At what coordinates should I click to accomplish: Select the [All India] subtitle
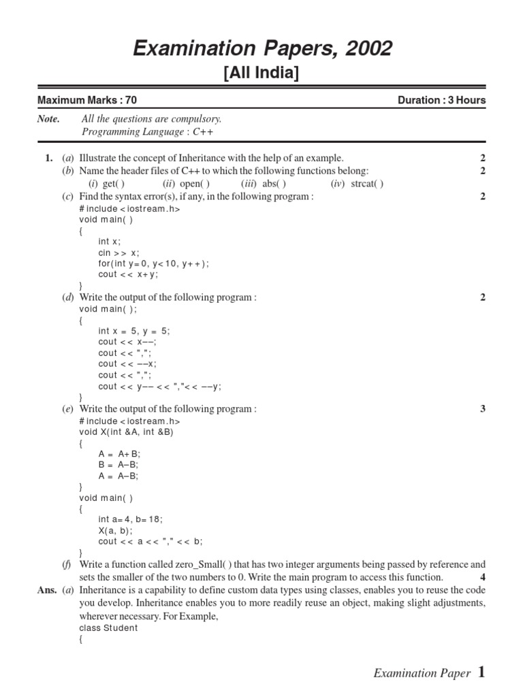point(261,73)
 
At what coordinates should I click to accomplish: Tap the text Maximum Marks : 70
point(87,100)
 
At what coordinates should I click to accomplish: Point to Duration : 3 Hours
point(441,100)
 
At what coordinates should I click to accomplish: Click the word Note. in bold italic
point(48,119)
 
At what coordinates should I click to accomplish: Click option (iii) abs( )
point(264,184)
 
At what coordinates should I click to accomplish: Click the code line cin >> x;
point(118,253)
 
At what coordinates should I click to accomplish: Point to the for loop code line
point(154,263)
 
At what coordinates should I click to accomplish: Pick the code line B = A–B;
point(118,465)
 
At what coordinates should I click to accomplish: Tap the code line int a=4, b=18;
point(130,519)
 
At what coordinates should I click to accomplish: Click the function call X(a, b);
point(116,530)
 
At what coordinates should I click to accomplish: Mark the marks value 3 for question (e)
point(483,409)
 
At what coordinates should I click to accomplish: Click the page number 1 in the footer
point(481,672)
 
